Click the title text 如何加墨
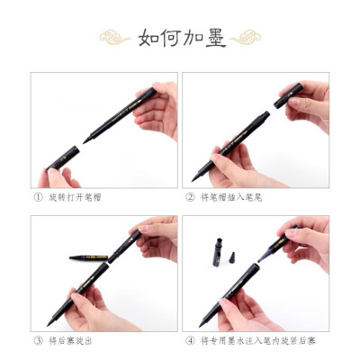coord(181,39)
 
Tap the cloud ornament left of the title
coord(114,38)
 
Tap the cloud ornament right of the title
coord(245,38)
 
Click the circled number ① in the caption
coord(38,196)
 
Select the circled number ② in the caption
coord(190,196)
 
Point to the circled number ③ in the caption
coord(38,340)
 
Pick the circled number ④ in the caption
coord(190,340)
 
